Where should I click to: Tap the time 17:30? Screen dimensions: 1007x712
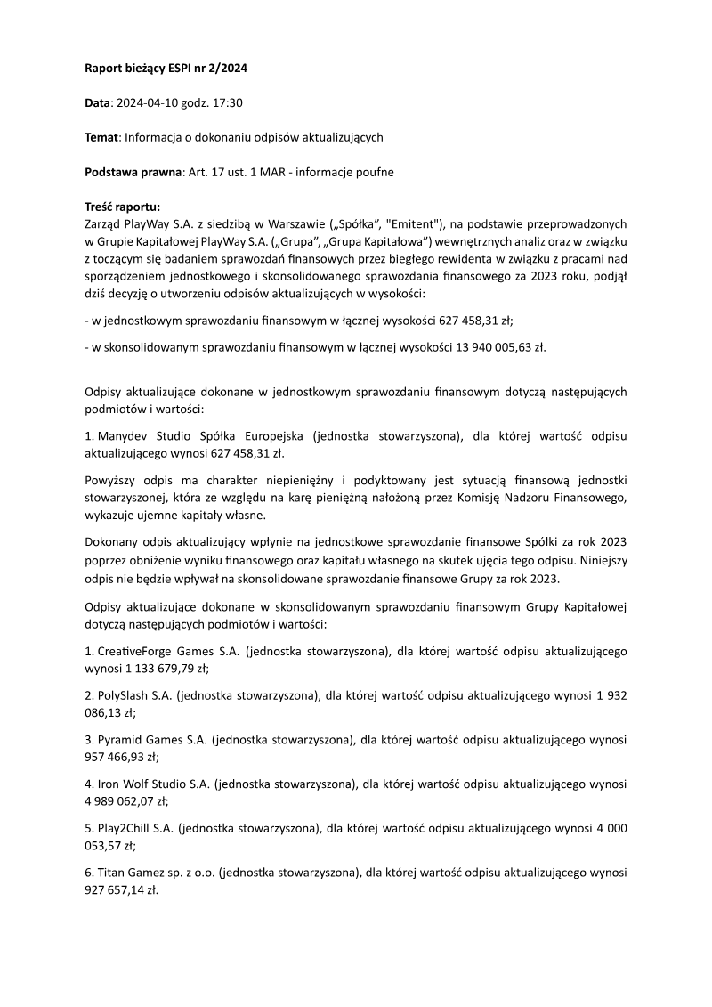(x=226, y=102)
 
